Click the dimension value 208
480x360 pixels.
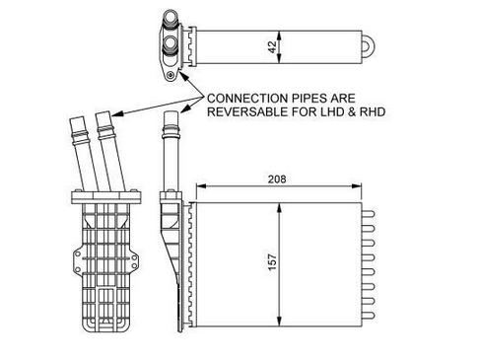[x=277, y=180]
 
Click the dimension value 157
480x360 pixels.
[x=273, y=262]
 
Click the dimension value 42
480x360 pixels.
[x=273, y=47]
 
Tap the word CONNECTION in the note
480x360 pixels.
[x=247, y=99]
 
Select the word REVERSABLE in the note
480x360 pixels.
[x=247, y=111]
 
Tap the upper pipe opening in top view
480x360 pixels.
[x=171, y=16]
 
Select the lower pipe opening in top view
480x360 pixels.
[x=171, y=42]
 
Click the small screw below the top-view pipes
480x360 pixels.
[x=171, y=75]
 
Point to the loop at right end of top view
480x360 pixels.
[x=368, y=46]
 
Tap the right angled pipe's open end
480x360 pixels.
[x=103, y=116]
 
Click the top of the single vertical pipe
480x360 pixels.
[x=171, y=112]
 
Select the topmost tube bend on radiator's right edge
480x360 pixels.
[x=369, y=214]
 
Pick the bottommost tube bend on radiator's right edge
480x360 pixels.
[x=369, y=316]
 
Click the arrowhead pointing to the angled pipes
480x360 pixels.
[x=117, y=113]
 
